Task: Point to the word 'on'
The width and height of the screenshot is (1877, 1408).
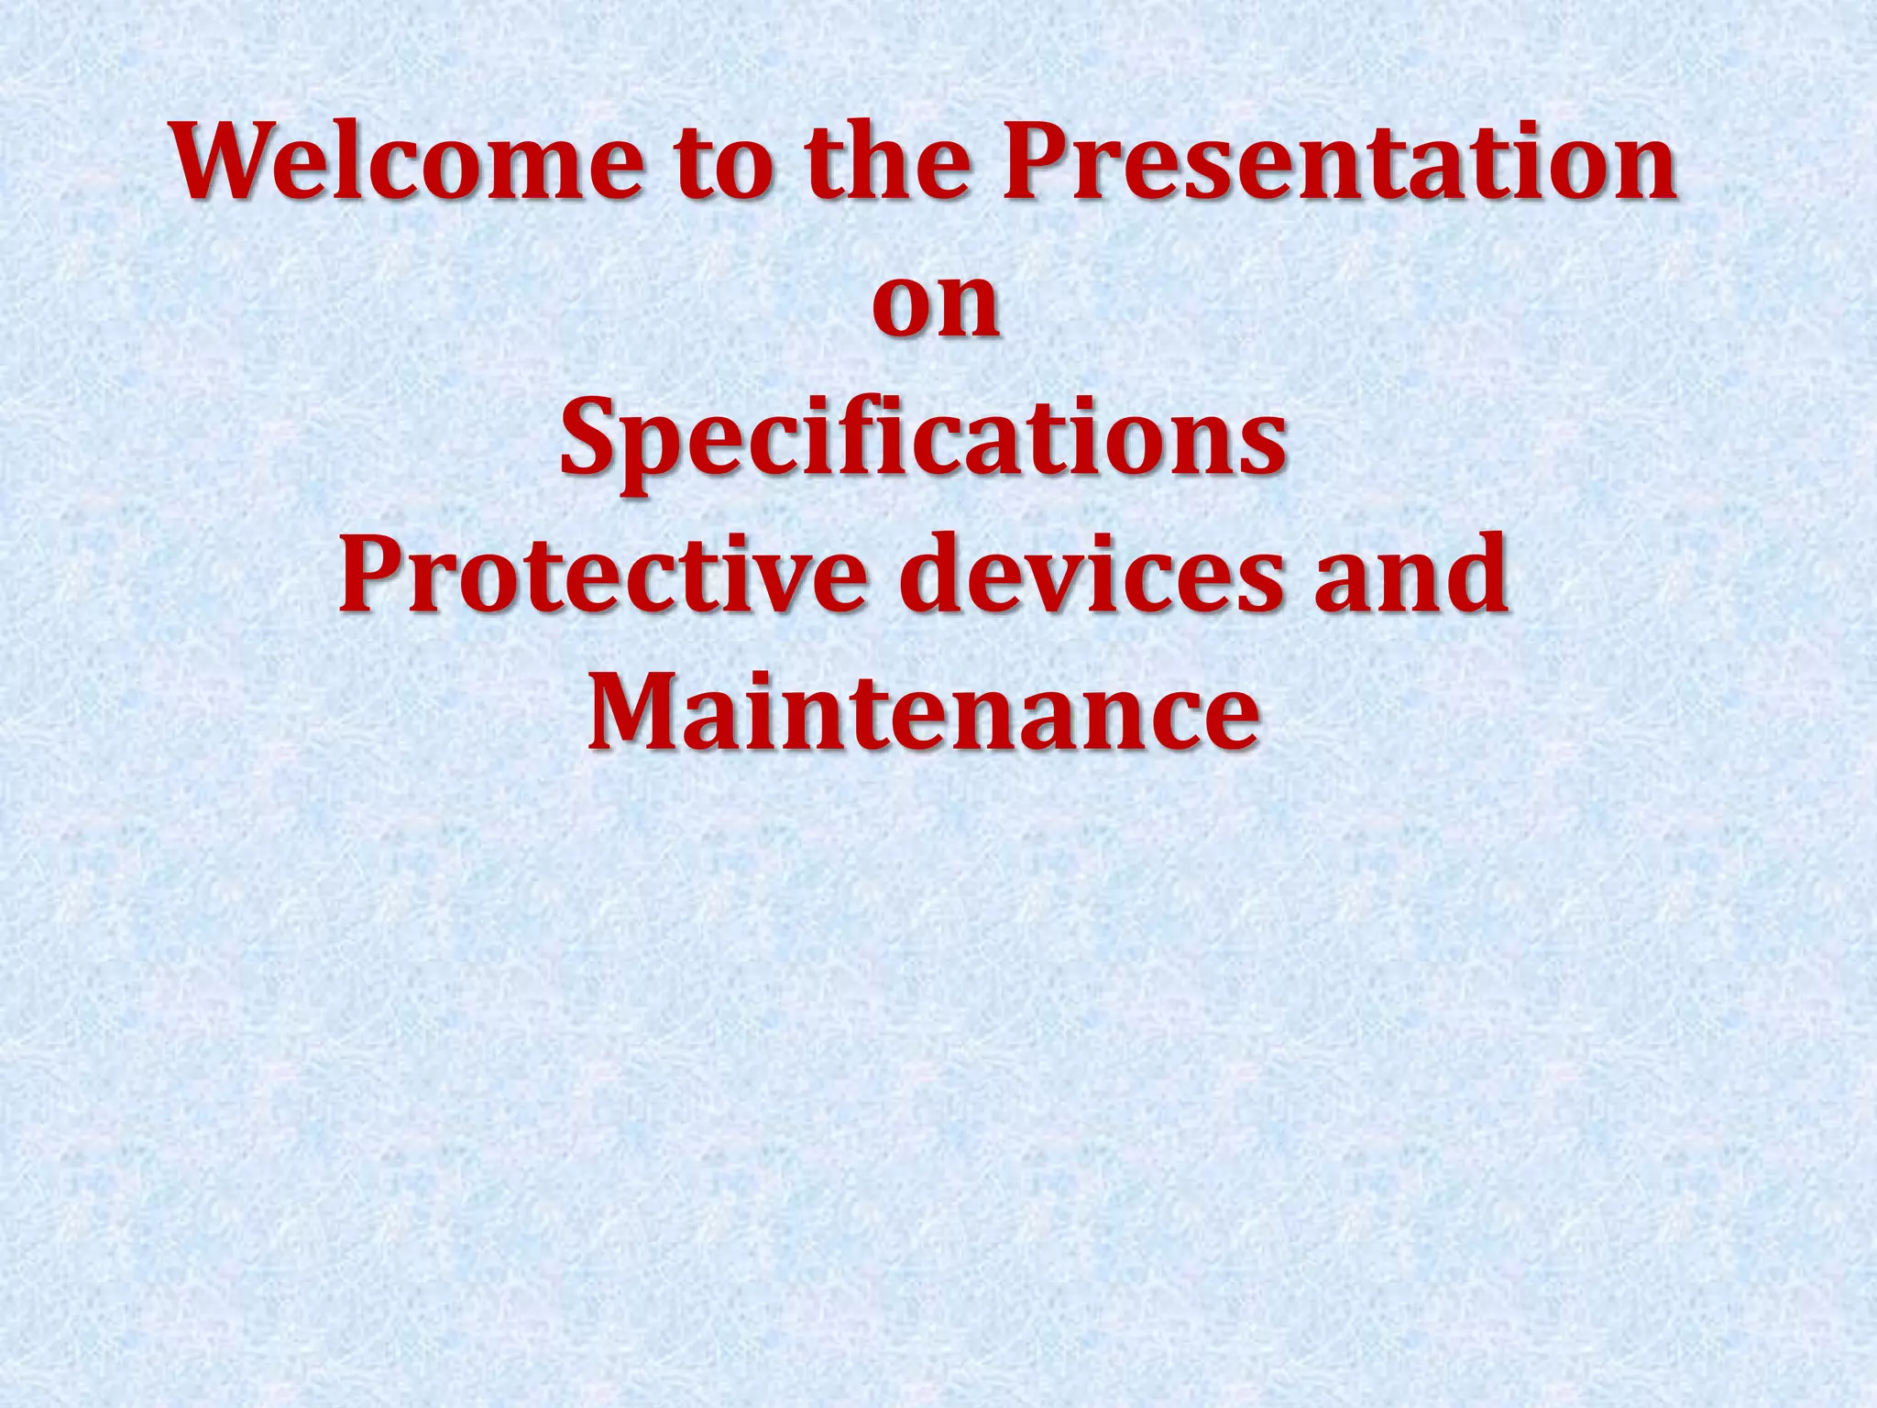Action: point(936,306)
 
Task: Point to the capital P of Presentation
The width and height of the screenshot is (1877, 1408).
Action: point(1036,162)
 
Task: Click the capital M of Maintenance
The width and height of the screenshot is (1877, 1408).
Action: point(638,709)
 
